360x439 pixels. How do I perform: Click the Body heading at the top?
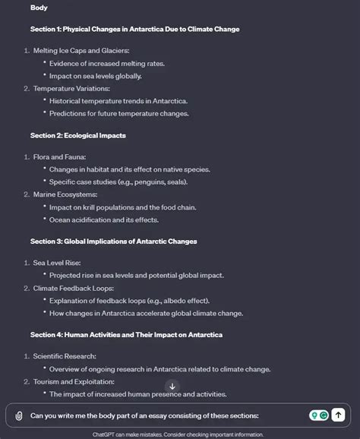point(39,8)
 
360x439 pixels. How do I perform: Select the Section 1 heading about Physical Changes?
point(134,29)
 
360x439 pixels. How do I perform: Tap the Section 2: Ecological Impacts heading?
point(77,135)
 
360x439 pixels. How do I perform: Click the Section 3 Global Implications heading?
point(113,241)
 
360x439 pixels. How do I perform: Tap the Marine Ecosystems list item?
point(65,194)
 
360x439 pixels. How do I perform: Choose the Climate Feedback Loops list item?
point(73,288)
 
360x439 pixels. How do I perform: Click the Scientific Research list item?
point(65,355)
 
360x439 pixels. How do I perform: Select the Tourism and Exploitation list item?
point(74,381)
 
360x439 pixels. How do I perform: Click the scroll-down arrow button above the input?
point(172,387)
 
